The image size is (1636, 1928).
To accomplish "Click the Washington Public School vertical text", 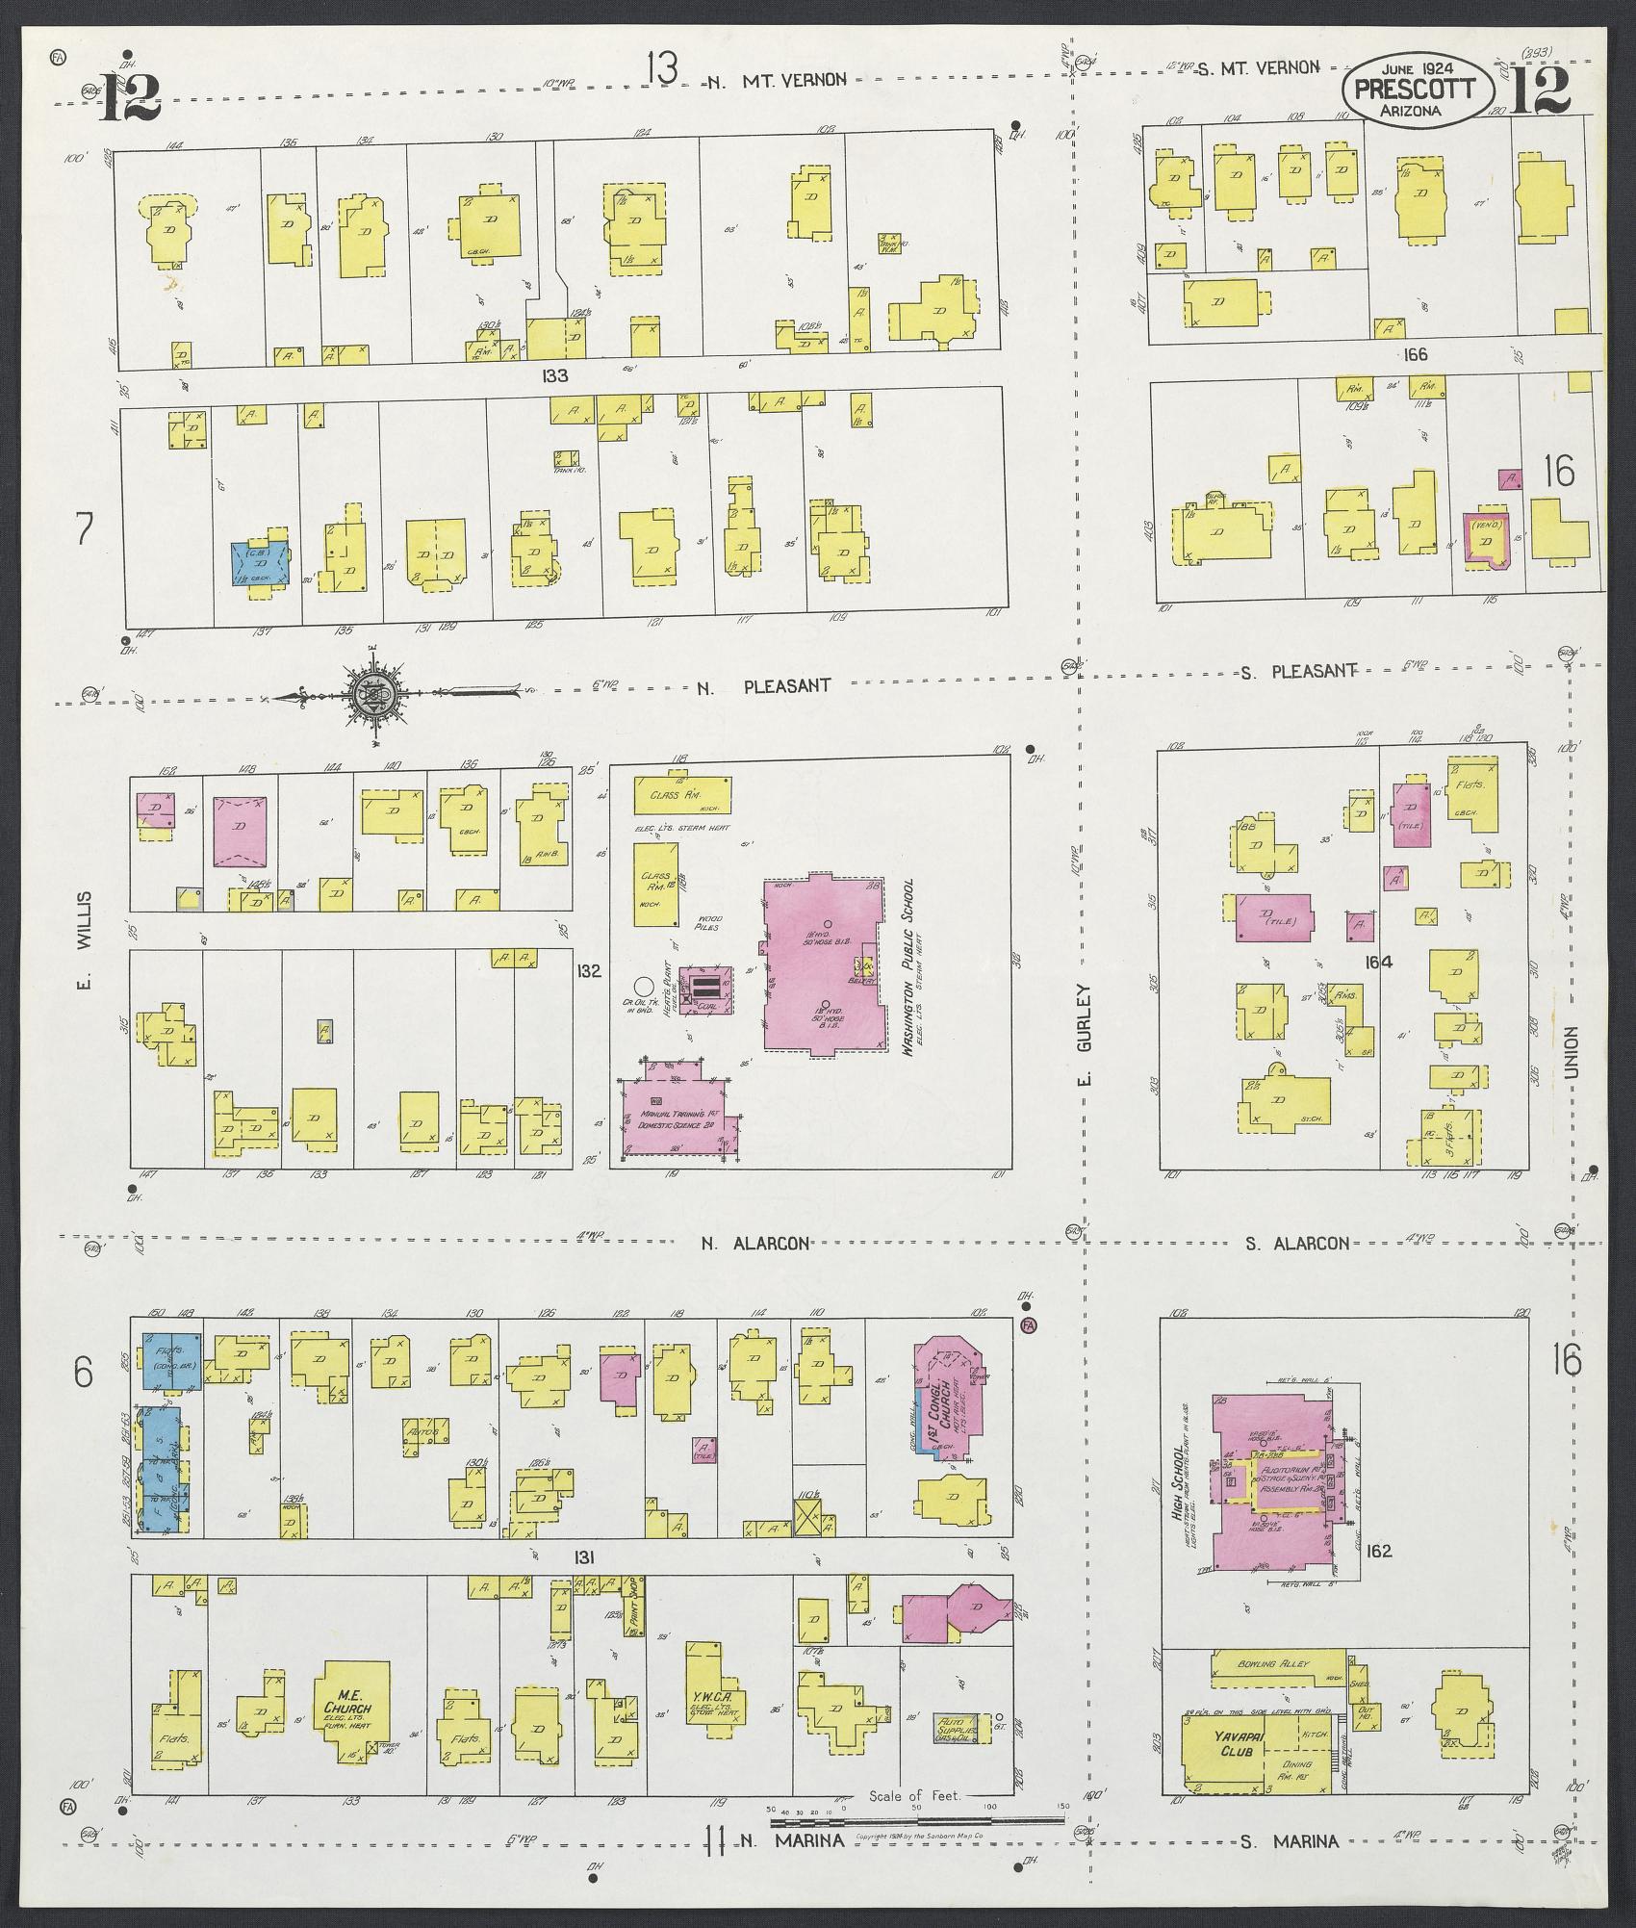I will pyautogui.click(x=907, y=967).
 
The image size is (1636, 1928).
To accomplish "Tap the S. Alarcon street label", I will pyautogui.click(x=1296, y=1244).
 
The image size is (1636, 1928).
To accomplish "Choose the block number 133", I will pyautogui.click(x=554, y=375).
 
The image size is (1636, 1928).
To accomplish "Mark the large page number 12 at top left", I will pyautogui.click(x=129, y=96).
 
